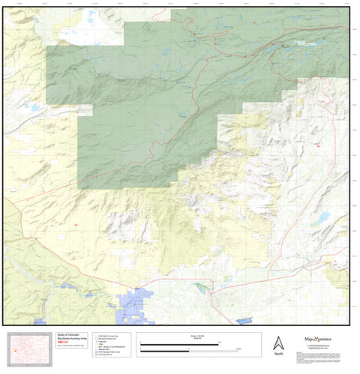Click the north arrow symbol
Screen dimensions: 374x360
(277, 342)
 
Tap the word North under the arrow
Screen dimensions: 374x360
(277, 354)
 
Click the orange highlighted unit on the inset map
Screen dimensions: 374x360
(15, 350)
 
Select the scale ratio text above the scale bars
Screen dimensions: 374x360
(177, 336)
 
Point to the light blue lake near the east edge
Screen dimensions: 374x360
(323, 217)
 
